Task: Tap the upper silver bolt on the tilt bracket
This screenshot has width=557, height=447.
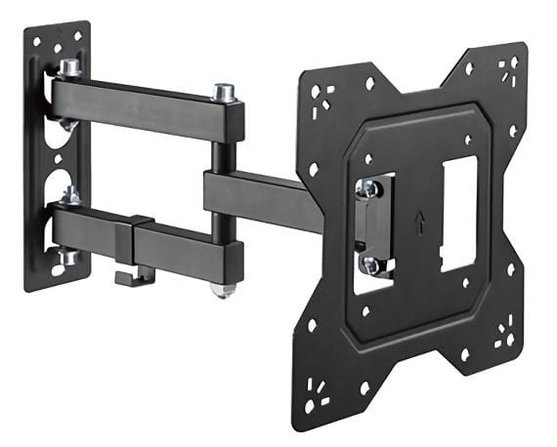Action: (367, 189)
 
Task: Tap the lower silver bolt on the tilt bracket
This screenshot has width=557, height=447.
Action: (369, 264)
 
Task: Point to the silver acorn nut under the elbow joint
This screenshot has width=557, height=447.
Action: (224, 290)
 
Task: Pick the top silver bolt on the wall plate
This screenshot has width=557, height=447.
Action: (69, 68)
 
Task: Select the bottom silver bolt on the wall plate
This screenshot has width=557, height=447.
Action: (68, 257)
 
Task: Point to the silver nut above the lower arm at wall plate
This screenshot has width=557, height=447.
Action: (70, 196)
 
